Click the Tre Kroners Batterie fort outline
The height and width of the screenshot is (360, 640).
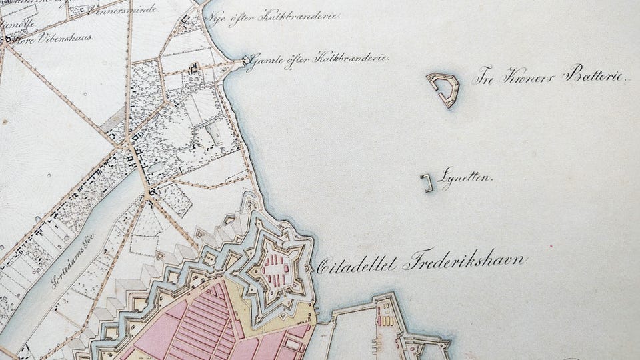coord(443,88)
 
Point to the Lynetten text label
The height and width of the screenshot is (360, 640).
coord(466,178)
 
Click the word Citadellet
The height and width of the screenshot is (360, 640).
coord(356,265)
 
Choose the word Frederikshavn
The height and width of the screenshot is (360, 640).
coord(465,261)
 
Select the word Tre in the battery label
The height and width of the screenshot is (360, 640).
coord(485,77)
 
